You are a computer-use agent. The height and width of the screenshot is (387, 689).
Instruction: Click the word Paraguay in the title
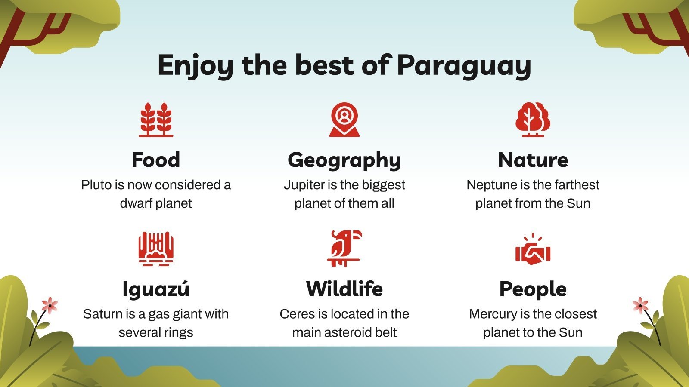pyautogui.click(x=464, y=65)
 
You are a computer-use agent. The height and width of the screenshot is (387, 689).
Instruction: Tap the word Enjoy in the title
pyautogui.click(x=195, y=65)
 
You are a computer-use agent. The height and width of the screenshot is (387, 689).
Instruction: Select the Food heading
pyautogui.click(x=156, y=160)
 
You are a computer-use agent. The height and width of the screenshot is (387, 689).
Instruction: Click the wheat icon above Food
pyautogui.click(x=156, y=120)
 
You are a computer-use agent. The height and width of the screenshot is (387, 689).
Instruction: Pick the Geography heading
pyautogui.click(x=344, y=160)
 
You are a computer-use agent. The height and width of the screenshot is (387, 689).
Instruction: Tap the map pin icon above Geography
pyautogui.click(x=344, y=119)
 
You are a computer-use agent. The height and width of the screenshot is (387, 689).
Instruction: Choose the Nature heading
pyautogui.click(x=533, y=160)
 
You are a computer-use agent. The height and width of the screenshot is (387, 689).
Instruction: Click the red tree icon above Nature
pyautogui.click(x=533, y=120)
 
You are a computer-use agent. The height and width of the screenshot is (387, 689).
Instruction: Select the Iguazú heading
pyautogui.click(x=156, y=289)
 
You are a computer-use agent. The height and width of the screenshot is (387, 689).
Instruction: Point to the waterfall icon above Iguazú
pyautogui.click(x=156, y=249)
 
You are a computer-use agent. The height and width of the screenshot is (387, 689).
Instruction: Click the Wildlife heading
pyautogui.click(x=344, y=289)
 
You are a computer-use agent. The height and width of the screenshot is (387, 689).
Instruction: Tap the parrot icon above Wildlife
pyautogui.click(x=344, y=248)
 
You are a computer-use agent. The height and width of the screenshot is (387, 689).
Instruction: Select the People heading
pyautogui.click(x=533, y=289)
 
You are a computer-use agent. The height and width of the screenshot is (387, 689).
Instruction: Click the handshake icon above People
pyautogui.click(x=533, y=252)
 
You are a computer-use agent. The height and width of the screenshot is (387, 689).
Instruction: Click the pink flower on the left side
pyautogui.click(x=50, y=305)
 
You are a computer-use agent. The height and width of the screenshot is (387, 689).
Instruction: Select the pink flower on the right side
pyautogui.click(x=640, y=305)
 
